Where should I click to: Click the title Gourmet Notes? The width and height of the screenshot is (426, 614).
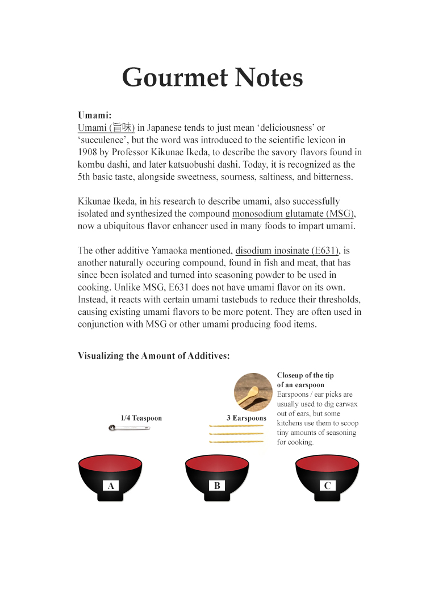tap(212, 77)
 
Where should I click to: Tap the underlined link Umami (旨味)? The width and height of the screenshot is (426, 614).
tap(106, 127)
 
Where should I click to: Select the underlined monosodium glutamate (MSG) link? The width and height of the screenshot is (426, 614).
tap(293, 213)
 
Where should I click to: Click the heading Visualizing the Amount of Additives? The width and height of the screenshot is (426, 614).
tap(153, 356)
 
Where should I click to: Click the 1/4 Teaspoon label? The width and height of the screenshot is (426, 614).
tap(141, 418)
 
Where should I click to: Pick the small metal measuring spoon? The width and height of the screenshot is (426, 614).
tap(129, 428)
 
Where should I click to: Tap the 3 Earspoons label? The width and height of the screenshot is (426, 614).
tap(246, 418)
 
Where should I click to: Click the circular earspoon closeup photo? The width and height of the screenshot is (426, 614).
tap(253, 392)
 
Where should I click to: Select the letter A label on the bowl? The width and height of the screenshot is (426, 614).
tap(111, 486)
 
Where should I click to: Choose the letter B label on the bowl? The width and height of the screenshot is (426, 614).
tap(217, 486)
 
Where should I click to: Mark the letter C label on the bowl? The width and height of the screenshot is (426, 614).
tap(327, 486)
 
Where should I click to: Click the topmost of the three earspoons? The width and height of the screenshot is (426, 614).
tap(236, 426)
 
